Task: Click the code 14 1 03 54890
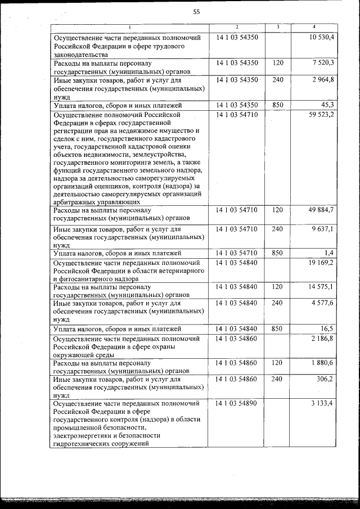237,404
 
